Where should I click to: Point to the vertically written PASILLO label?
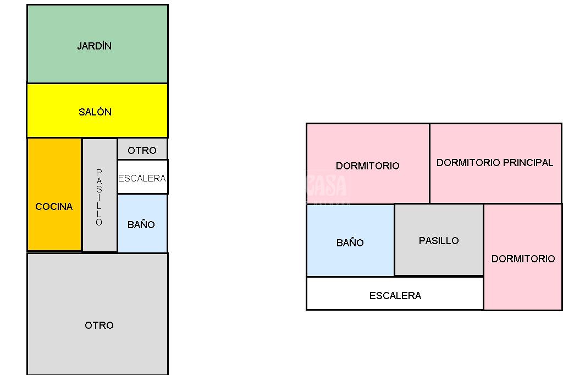click(x=99, y=197)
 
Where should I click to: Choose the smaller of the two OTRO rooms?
click(x=142, y=150)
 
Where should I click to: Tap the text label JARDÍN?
click(x=95, y=46)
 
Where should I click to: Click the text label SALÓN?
click(x=95, y=112)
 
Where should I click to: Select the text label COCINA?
click(x=54, y=207)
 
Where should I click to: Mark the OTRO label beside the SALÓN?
click(x=142, y=151)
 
